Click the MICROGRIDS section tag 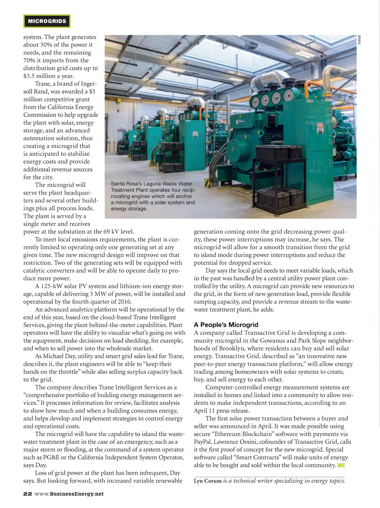click(x=47, y=21)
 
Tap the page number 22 click(x=27, y=494)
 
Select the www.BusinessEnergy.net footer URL click(x=69, y=494)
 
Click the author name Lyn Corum click(x=207, y=481)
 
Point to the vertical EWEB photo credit click(x=359, y=39)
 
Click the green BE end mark click(x=341, y=465)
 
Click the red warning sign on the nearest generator click(x=320, y=128)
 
